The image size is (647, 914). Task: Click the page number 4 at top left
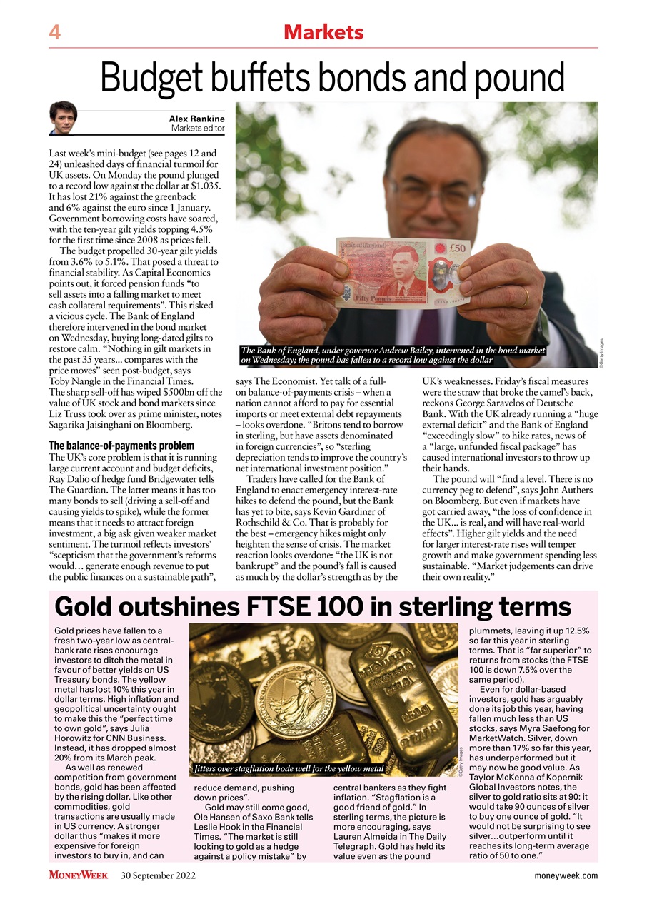click(54, 32)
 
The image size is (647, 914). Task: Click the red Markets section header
click(323, 32)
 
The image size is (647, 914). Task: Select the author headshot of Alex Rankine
click(63, 118)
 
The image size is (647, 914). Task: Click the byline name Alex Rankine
click(196, 119)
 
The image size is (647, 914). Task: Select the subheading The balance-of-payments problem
click(121, 446)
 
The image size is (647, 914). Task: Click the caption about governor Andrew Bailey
click(392, 355)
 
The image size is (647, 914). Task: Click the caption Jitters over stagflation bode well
click(290, 769)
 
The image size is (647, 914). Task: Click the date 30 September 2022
click(159, 875)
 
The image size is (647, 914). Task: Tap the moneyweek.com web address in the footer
click(566, 875)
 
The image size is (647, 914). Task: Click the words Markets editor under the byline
click(198, 129)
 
